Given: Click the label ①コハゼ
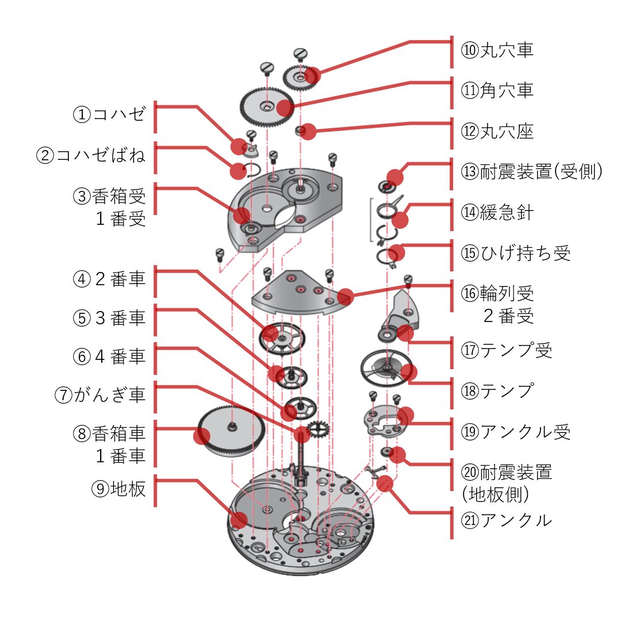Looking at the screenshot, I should click(109, 114).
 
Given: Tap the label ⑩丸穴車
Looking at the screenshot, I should click(497, 50).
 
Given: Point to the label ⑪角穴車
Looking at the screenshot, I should click(497, 91).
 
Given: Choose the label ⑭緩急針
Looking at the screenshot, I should click(497, 212).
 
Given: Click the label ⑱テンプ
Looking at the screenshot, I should click(497, 390).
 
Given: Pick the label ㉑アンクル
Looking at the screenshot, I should click(507, 520).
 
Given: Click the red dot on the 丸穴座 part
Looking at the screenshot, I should click(308, 132).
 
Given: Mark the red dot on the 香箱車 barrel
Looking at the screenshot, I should click(201, 436).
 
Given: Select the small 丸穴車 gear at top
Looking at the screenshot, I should click(300, 77).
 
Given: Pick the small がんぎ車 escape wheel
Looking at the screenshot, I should click(317, 428).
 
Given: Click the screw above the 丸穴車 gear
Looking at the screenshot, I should click(300, 55).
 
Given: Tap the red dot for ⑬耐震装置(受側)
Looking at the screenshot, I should click(394, 177).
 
